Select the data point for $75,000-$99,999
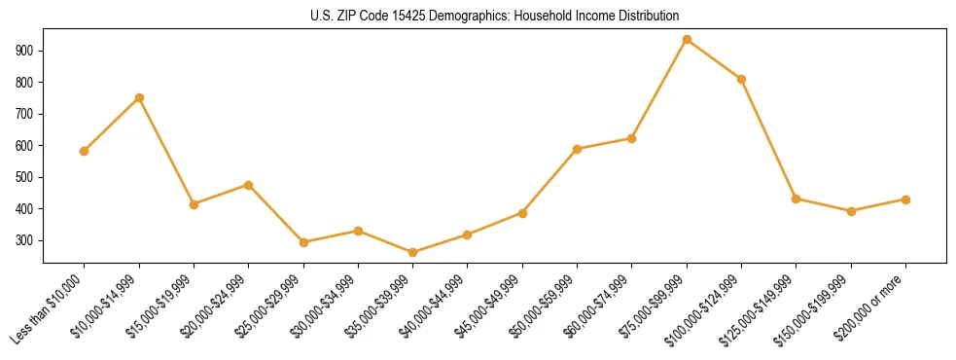click(x=687, y=40)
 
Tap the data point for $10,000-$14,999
click(x=139, y=97)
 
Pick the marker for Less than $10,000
click(x=85, y=151)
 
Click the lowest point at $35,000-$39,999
click(x=412, y=252)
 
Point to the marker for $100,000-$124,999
click(x=741, y=79)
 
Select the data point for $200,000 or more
click(x=905, y=199)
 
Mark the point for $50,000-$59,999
click(x=577, y=149)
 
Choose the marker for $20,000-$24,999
click(x=249, y=185)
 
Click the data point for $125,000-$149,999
click(x=796, y=198)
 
